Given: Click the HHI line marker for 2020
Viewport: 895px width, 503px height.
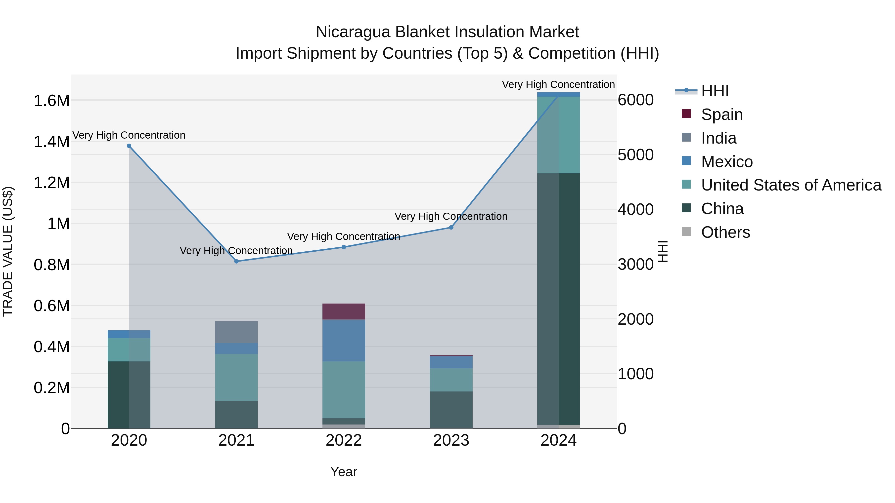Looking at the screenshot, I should click(129, 146).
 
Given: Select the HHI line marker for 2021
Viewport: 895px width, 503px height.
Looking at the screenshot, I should click(236, 261).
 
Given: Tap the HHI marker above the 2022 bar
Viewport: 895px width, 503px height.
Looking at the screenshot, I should click(344, 247).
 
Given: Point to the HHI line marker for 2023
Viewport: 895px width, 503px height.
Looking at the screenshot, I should click(451, 227).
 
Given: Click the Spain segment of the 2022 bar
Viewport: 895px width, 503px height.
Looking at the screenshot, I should click(344, 311).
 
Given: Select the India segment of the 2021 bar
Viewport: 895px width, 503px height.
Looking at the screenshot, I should click(236, 332).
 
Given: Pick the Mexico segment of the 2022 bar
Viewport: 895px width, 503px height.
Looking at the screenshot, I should click(344, 340).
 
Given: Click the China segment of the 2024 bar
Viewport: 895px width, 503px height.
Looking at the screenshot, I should click(558, 299).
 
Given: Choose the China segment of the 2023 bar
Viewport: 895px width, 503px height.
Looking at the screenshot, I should click(451, 410).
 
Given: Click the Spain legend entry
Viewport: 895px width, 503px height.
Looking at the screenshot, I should click(722, 115).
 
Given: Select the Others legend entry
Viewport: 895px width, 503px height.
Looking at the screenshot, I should click(725, 232).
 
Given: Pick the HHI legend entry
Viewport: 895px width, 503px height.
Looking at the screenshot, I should click(715, 91).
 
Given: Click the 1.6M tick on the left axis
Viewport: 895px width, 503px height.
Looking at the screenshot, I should click(51, 101).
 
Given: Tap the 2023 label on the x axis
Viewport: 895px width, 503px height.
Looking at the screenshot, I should click(451, 440).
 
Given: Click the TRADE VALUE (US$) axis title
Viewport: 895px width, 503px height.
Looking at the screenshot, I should click(8, 251).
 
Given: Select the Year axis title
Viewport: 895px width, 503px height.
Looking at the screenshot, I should click(344, 472).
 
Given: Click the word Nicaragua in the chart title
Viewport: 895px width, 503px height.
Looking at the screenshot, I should click(353, 32).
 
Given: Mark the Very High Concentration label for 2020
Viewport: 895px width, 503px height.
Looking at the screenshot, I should click(129, 135).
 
